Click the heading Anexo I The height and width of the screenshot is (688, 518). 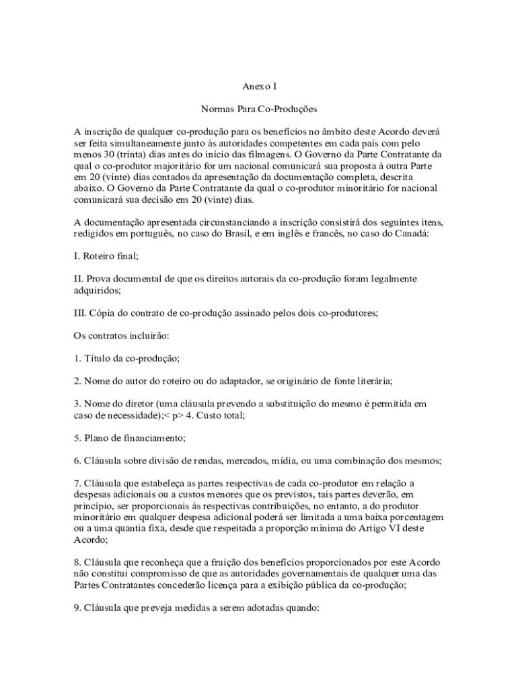click(x=259, y=87)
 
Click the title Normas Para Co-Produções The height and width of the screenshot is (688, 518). click(x=259, y=108)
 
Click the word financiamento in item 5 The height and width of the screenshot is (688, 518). click(x=153, y=438)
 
